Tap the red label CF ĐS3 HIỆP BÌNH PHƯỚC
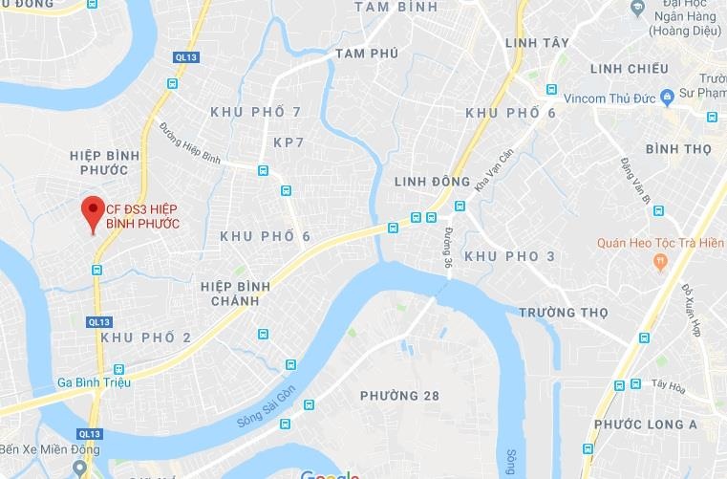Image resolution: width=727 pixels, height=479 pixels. coord(141,216)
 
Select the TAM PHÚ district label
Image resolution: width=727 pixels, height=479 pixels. coord(366,53)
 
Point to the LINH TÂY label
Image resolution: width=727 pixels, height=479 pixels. coord(538,43)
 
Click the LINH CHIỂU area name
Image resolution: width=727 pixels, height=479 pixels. coord(630,69)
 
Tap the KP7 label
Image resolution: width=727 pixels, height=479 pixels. coord(288,142)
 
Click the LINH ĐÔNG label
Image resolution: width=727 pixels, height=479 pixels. coord(431,182)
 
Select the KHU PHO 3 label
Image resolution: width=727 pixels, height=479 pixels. coord(509,256)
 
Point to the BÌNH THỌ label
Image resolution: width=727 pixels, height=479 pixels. coord(678,149)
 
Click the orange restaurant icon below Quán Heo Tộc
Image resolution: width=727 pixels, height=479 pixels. coord(659,261)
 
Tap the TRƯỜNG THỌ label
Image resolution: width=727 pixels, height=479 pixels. coord(563,313)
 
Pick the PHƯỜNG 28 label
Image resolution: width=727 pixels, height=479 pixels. coord(398,396)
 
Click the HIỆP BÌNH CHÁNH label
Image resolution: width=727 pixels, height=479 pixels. coord(235,294)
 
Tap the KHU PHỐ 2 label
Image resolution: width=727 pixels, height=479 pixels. coord(145,337)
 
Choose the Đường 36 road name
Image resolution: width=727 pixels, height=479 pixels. coord(447,247)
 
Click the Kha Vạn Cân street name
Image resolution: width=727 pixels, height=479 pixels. coord(494,167)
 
